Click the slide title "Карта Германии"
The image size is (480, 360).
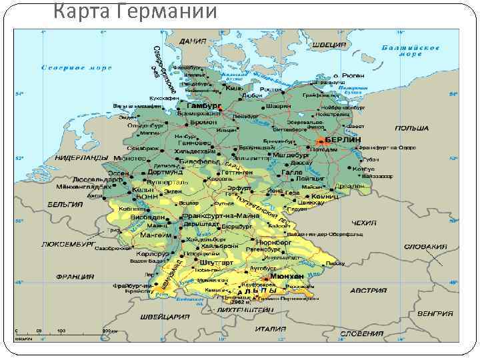pyautogui.click(x=134, y=11)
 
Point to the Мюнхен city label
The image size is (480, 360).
pyautogui.click(x=288, y=276)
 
